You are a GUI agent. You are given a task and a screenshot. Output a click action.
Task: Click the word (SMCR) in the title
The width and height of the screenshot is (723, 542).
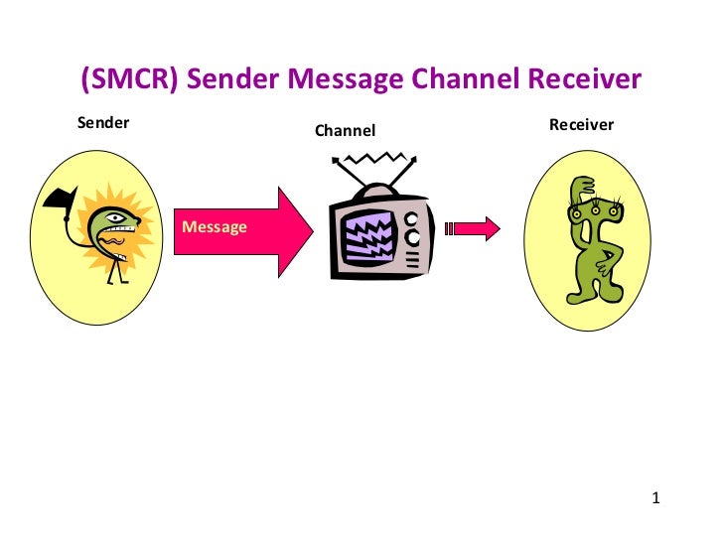point(129,79)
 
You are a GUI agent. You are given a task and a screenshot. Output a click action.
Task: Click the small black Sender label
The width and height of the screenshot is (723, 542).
point(103,124)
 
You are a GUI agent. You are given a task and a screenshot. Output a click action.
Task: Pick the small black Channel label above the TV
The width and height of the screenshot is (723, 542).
point(346,130)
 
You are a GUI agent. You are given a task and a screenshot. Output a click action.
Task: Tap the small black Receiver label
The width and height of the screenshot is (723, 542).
point(581,125)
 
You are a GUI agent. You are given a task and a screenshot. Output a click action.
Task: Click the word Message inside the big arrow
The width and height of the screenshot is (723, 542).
point(215,226)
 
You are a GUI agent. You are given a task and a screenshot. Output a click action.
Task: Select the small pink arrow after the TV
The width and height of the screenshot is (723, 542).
point(473,229)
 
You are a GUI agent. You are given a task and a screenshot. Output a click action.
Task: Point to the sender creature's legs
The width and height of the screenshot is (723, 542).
point(117,272)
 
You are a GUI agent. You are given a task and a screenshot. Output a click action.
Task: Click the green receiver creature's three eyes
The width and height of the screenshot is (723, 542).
point(589,209)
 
